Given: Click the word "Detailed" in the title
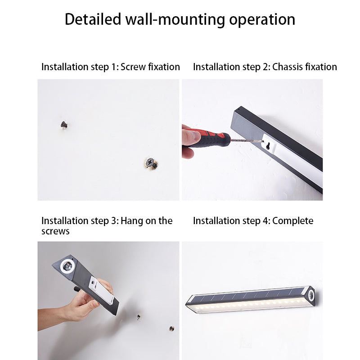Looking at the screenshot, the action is [x=93, y=19].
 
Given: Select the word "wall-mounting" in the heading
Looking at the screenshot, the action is [x=175, y=20].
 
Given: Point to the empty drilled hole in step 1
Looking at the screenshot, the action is [x=64, y=125].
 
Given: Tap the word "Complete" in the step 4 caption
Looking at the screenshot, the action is [x=293, y=221].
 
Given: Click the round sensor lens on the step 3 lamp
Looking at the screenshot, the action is [x=67, y=266].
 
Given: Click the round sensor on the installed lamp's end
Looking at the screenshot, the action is [x=311, y=294].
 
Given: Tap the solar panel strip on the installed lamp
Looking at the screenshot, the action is [x=248, y=295].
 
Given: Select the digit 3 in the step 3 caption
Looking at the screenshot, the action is [x=114, y=221].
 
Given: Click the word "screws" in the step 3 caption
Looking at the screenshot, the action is [x=55, y=231].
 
